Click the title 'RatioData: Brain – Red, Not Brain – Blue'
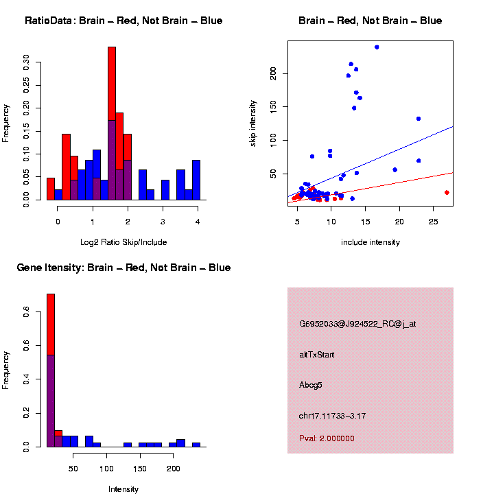pos(123,21)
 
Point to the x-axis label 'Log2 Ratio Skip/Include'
pos(123,242)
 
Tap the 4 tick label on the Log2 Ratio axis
pos(198,222)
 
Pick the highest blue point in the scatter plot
pos(377,47)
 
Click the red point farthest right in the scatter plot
pos(447,193)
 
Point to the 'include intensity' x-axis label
pos(370,242)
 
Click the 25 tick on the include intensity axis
pos(434,222)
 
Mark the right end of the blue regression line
pos(453,126)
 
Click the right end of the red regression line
pos(453,173)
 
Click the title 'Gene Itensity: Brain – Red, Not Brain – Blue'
pos(123,268)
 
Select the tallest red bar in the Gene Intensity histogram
pos(51,322)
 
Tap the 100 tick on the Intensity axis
pos(106,469)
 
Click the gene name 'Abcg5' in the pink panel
pos(311,385)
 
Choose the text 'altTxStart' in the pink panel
pos(317,355)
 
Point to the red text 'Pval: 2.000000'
pos(327,438)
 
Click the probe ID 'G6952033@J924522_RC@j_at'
pos(357,324)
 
